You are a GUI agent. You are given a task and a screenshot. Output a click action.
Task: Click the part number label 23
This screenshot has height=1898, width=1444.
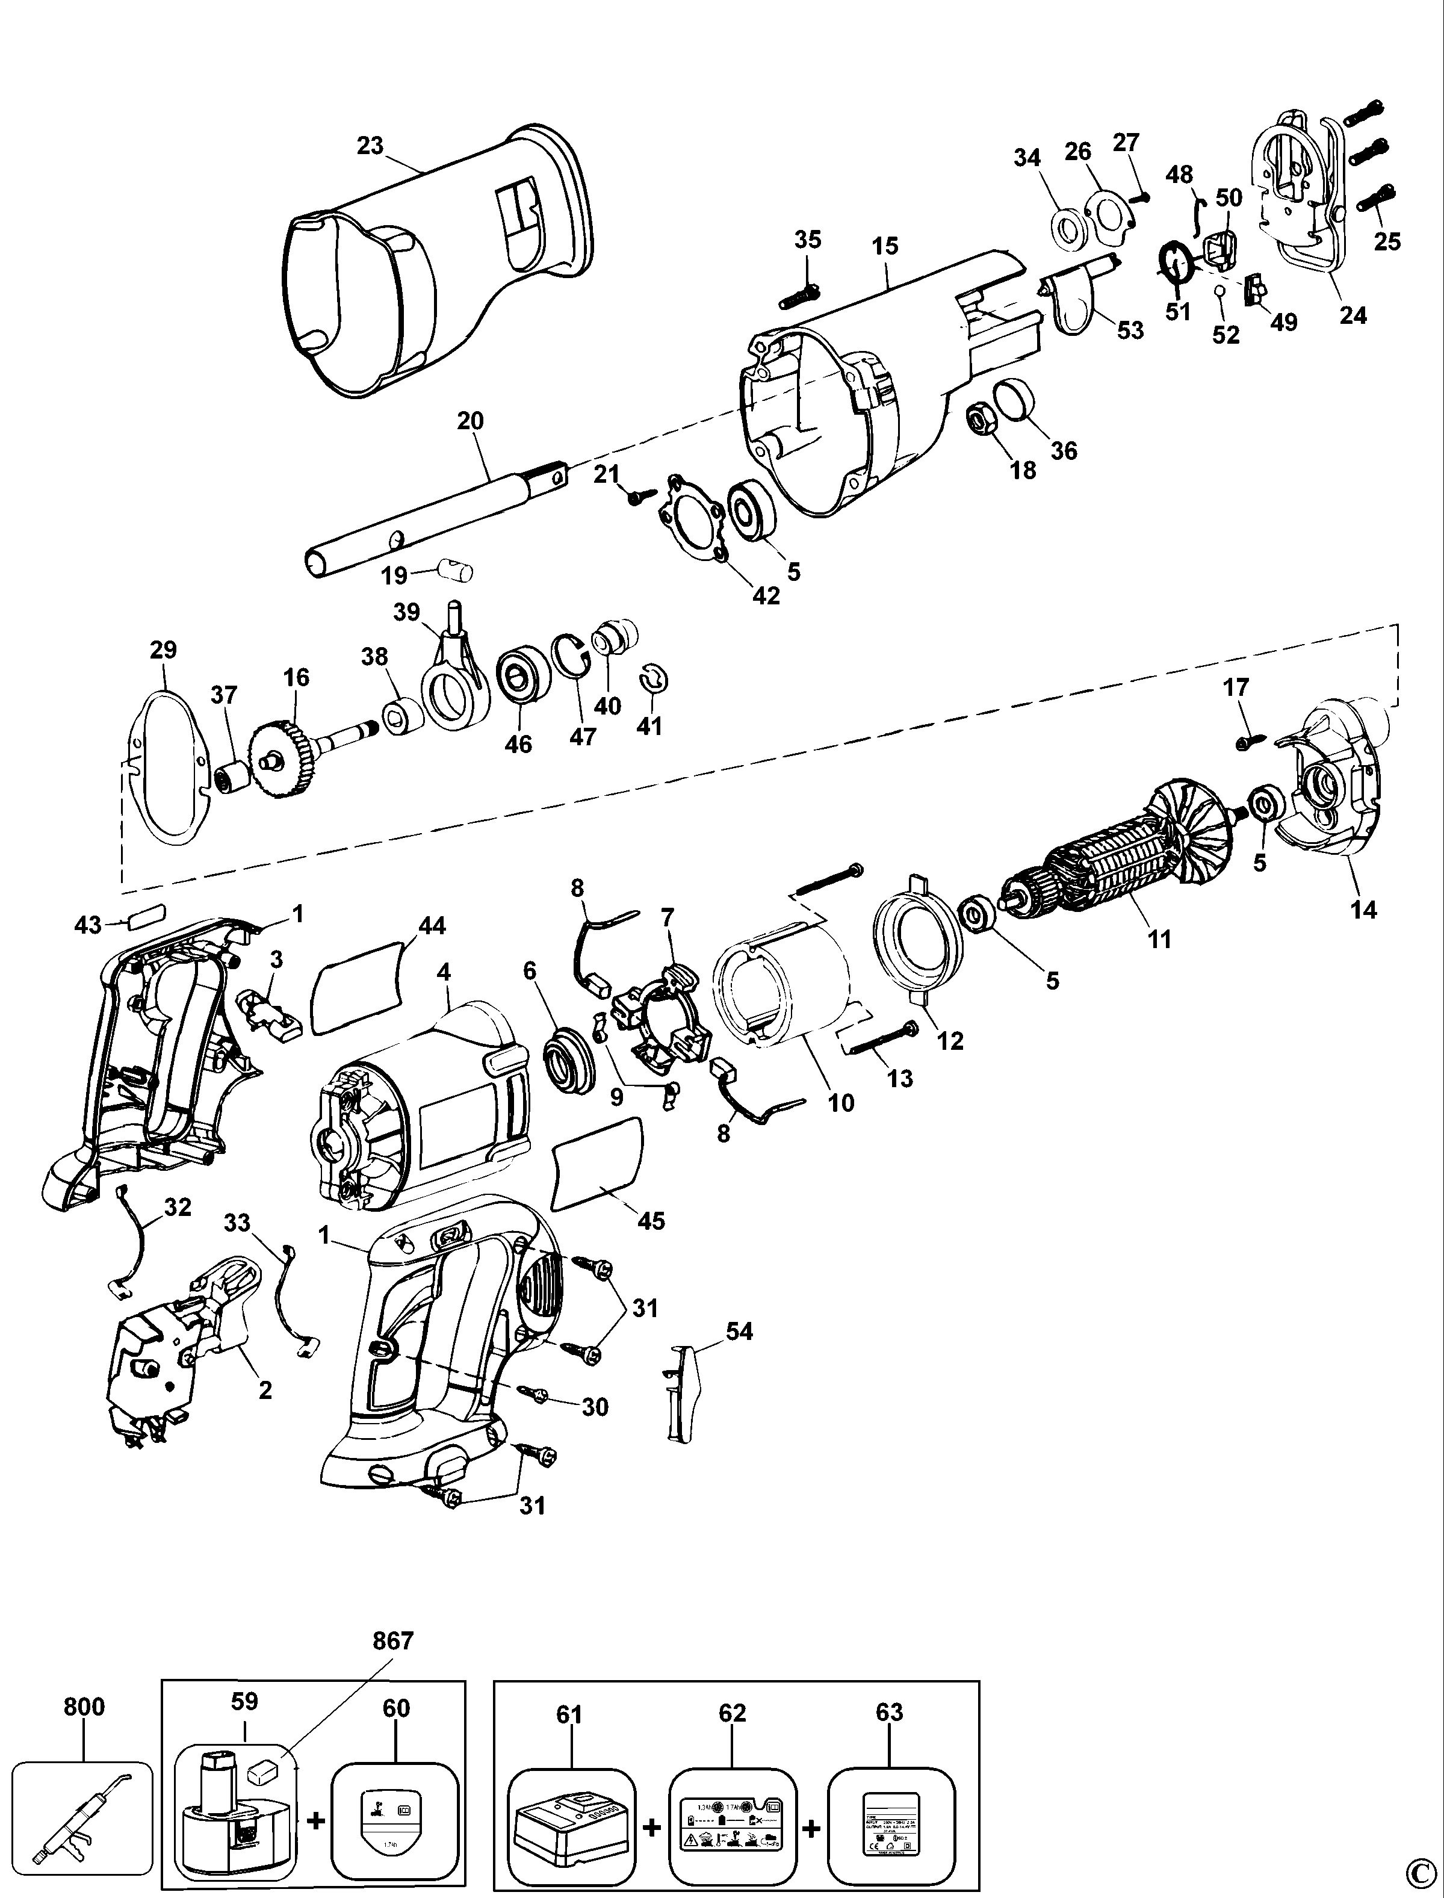[x=370, y=146]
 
